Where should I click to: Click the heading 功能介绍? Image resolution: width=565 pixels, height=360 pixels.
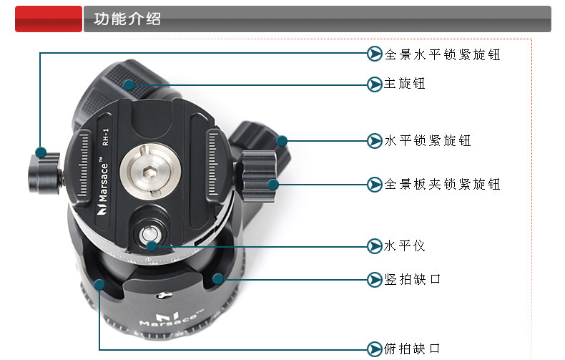pyautogui.click(x=122, y=19)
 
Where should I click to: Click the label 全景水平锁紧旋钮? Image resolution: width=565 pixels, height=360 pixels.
pyautogui.click(x=442, y=54)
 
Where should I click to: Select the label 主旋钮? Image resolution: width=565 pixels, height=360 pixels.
pyautogui.click(x=405, y=84)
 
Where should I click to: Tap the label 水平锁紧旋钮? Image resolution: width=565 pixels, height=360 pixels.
pyautogui.click(x=428, y=140)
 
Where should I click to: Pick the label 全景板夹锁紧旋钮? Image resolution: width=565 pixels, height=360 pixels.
pyautogui.click(x=442, y=184)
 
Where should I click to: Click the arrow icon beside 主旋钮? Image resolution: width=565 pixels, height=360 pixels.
pyautogui.click(x=375, y=84)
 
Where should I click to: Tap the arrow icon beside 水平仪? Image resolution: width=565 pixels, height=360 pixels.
pyautogui.click(x=375, y=245)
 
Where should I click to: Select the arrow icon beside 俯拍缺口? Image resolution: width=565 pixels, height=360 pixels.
pyautogui.click(x=375, y=349)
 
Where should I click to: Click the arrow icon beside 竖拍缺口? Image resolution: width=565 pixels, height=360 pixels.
pyautogui.click(x=375, y=278)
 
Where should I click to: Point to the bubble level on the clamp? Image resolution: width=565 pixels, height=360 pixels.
pyautogui.click(x=151, y=234)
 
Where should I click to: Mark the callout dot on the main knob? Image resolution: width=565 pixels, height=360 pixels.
pyautogui.click(x=129, y=84)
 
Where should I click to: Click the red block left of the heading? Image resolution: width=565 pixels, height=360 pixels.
pyautogui.click(x=48, y=19)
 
